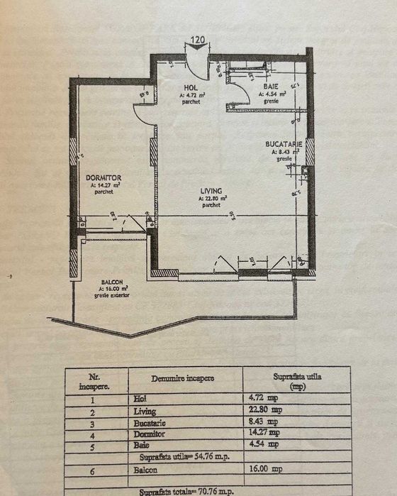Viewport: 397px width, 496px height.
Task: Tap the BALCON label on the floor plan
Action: tap(113, 282)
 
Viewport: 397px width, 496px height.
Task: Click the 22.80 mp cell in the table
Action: tap(290, 410)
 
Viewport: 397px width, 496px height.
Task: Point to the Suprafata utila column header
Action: tap(297, 381)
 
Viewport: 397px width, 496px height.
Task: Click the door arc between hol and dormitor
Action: tap(145, 116)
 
